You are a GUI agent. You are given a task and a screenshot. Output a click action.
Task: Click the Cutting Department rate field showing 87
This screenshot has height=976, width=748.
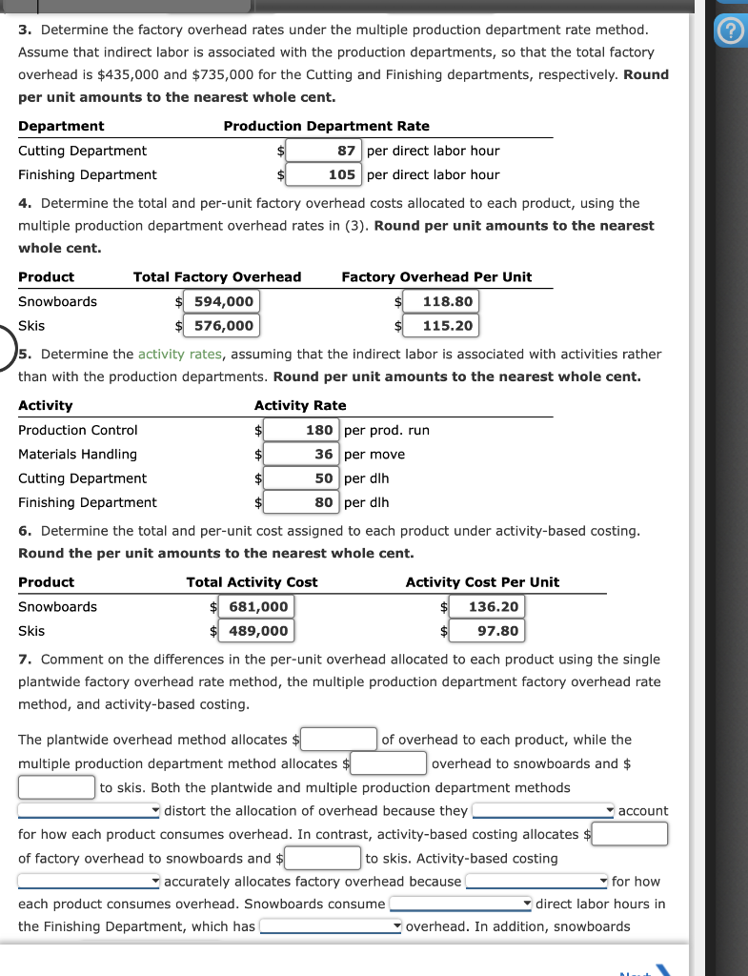point(323,151)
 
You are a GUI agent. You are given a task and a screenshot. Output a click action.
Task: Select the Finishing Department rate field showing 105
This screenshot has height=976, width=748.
point(323,174)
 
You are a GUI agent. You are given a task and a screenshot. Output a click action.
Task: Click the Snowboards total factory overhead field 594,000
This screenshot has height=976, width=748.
point(223,302)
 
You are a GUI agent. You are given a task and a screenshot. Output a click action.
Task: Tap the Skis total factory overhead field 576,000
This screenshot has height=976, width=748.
point(223,326)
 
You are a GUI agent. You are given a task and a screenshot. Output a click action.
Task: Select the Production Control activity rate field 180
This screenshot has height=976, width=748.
point(301,431)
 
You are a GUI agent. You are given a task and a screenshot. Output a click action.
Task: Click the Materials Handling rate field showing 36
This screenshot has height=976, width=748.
point(301,455)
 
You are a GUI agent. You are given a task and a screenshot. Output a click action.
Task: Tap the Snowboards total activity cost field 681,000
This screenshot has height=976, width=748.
point(255,607)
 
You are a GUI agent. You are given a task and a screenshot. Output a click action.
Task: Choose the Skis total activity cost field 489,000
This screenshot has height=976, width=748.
point(255,631)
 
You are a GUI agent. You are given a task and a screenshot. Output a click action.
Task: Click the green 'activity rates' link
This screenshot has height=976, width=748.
point(180,354)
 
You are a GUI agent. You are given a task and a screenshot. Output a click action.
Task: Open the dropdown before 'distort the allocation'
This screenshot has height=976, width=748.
point(90,811)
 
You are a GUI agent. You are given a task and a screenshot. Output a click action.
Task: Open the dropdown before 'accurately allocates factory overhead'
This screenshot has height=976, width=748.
point(90,882)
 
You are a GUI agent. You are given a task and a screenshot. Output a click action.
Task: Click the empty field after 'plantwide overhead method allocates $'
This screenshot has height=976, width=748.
point(339,740)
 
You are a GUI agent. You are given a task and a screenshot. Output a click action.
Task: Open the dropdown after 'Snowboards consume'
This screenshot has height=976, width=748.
point(461,904)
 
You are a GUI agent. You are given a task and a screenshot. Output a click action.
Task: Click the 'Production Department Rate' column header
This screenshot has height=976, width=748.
point(326,126)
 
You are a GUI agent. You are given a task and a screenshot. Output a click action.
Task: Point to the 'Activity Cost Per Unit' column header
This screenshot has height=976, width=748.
point(482,582)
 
